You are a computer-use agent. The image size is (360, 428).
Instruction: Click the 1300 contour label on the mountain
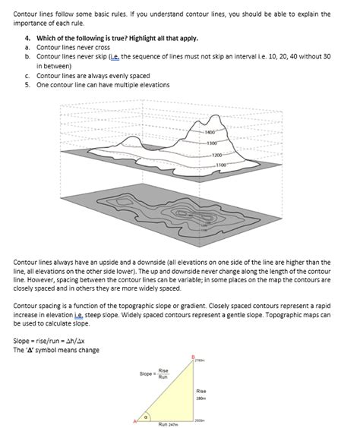pos(213,143)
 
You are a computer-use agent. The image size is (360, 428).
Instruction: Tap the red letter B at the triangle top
pos(193,356)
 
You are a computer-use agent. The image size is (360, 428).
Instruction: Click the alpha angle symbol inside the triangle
pos(156,416)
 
